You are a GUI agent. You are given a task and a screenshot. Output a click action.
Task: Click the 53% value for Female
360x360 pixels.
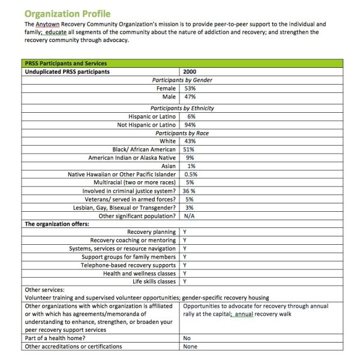[x=190, y=88]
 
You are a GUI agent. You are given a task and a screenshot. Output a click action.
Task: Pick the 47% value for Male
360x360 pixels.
[x=190, y=97]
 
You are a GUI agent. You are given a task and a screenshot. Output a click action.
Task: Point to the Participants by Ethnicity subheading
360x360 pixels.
[x=182, y=108]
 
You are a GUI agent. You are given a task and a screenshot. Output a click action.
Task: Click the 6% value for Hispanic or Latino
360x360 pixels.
[x=191, y=116]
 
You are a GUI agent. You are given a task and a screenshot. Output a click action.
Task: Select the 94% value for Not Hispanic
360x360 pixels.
[x=191, y=125]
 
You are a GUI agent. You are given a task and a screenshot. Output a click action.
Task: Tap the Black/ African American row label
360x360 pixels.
[x=144, y=149]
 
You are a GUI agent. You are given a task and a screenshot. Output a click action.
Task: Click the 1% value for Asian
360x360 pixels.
[x=191, y=166]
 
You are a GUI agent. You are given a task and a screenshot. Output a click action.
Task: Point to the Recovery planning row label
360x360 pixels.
[x=151, y=232]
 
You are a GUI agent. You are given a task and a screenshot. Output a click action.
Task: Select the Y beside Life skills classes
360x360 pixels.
[x=184, y=281]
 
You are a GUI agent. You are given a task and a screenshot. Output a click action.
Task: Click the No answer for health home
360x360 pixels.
[x=187, y=338]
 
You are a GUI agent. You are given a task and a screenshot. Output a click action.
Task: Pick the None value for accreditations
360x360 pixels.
[x=190, y=346]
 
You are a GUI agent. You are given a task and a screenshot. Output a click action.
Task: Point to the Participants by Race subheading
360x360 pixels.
[x=182, y=133]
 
